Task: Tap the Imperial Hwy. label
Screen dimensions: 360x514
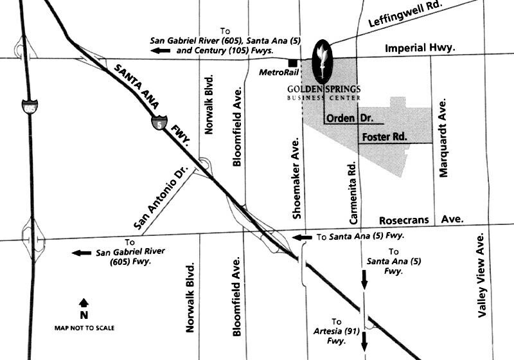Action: pos(420,48)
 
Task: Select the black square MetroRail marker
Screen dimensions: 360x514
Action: pos(293,63)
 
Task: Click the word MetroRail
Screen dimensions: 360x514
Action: pos(275,73)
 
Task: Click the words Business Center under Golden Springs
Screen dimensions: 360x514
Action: pos(324,98)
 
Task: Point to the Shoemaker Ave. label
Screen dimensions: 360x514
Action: pos(296,178)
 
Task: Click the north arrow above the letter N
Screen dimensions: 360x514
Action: pos(84,302)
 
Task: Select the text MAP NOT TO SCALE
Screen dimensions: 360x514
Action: pos(84,328)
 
